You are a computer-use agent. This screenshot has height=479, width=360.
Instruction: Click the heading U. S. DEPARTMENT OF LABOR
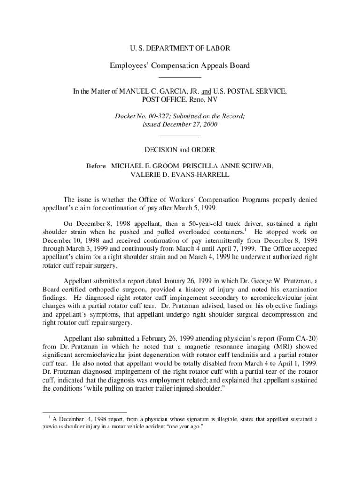(180, 48)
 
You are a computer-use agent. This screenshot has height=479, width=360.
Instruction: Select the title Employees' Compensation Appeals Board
(180, 65)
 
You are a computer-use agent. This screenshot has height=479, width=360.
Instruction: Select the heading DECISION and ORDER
(180, 150)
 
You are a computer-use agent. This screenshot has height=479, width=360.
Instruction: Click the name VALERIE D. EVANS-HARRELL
(180, 174)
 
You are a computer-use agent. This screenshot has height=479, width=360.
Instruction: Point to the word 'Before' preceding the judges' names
(96, 166)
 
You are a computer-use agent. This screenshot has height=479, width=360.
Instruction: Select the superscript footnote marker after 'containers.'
(245, 230)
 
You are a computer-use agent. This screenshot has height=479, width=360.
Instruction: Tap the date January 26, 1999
(161, 282)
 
